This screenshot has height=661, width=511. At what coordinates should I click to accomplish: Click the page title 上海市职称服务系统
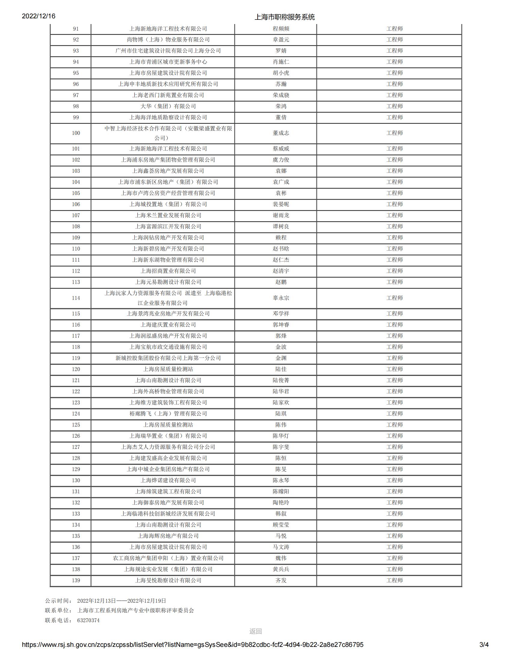(285, 17)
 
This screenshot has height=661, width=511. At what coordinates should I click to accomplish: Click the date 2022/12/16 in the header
(38, 16)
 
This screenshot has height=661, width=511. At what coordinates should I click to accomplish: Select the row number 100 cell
(76, 133)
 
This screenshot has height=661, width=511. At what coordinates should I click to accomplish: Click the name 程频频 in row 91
(281, 29)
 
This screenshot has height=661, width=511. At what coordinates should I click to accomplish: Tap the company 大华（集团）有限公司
(168, 106)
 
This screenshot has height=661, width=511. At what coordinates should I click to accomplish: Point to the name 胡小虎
(281, 73)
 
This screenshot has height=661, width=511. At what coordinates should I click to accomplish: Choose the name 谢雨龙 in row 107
(281, 215)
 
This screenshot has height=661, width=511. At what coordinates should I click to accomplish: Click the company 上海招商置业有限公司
(168, 271)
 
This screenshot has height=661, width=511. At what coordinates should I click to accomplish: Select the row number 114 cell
(76, 298)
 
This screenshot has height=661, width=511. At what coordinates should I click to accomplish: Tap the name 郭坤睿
(281, 325)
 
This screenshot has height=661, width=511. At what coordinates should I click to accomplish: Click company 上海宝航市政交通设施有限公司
(168, 347)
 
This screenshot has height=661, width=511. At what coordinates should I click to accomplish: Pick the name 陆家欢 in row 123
(281, 403)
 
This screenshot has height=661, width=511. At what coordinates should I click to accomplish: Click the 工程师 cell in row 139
(394, 580)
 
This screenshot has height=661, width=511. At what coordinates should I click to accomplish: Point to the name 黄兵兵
(281, 569)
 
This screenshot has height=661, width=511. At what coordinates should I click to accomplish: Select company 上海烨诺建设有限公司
(168, 480)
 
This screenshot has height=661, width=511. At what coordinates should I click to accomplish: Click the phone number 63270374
(88, 620)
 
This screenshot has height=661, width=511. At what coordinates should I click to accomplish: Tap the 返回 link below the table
(255, 631)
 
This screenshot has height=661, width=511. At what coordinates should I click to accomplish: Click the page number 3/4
(484, 645)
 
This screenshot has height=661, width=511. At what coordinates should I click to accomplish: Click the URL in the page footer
(193, 645)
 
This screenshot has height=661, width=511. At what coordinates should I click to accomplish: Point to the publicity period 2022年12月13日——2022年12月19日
(122, 601)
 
